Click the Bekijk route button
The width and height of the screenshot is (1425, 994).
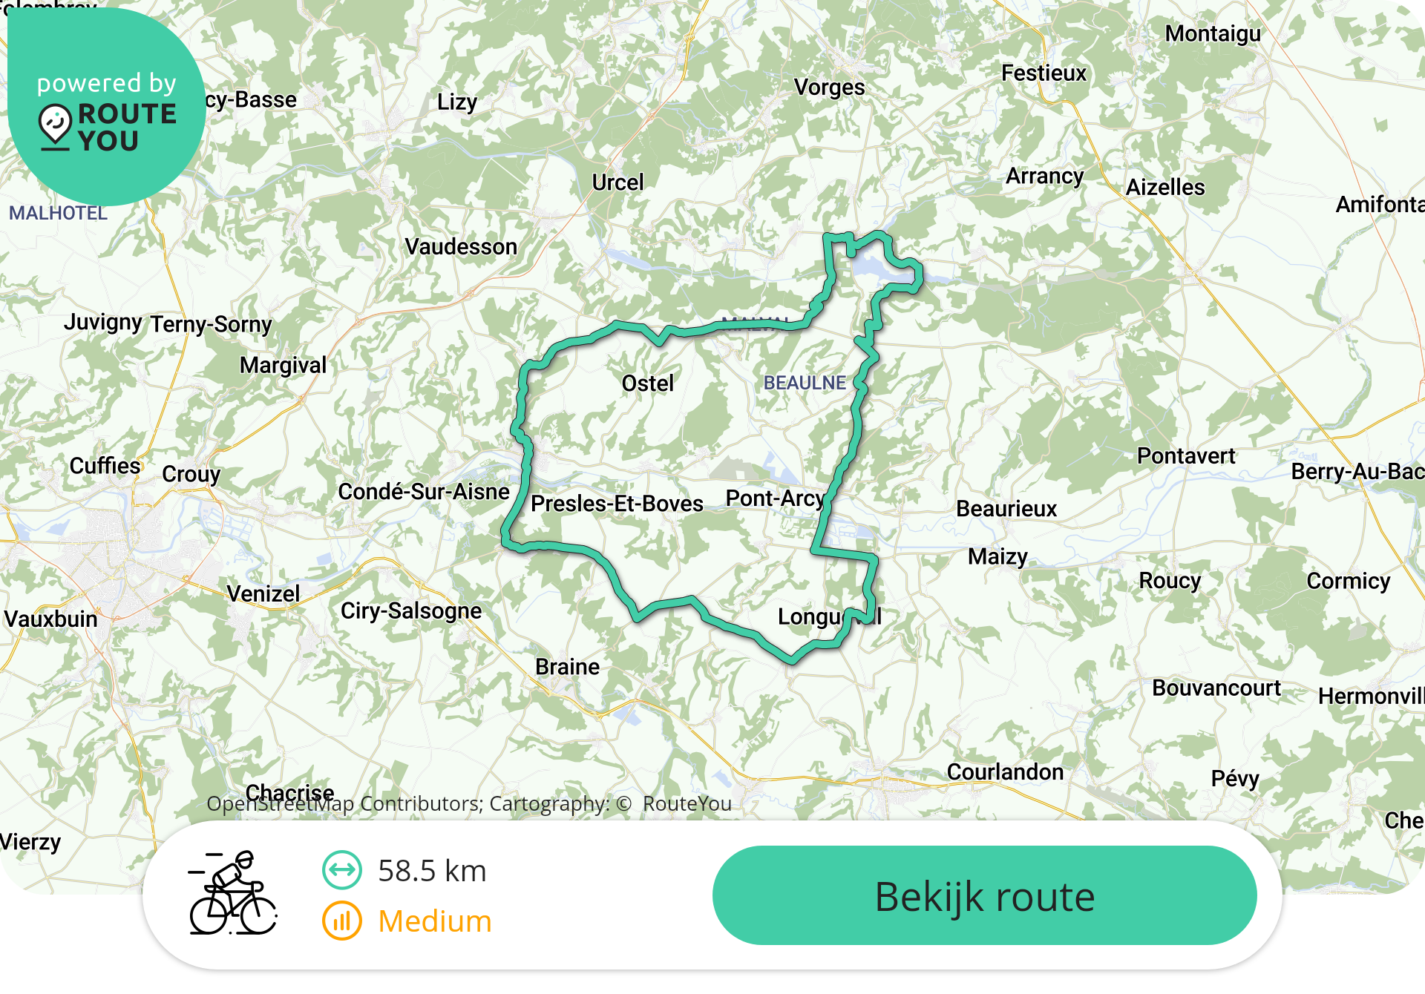tap(984, 896)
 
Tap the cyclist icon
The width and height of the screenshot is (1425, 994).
tap(232, 893)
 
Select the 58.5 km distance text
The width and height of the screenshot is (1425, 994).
tap(432, 871)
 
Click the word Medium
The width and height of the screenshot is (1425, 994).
tap(435, 921)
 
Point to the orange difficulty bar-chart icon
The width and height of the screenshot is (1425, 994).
tap(341, 921)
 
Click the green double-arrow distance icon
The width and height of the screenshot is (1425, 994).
tap(341, 870)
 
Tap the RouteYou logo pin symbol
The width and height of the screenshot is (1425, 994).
tap(55, 125)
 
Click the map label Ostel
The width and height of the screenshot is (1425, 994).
tap(648, 384)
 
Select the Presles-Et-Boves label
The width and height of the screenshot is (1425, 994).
tap(617, 504)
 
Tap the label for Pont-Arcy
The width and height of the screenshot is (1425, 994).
tap(775, 498)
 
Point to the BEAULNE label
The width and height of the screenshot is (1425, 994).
tap(805, 383)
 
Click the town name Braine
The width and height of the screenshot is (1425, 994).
tap(568, 667)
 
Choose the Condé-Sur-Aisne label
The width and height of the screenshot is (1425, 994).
tap(424, 492)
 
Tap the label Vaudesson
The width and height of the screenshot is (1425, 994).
tap(461, 246)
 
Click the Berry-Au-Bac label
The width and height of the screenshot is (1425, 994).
tap(1357, 472)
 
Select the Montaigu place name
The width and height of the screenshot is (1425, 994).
tap(1213, 34)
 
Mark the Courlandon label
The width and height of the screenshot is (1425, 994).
tap(1005, 772)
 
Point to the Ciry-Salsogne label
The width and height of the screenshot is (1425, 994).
tap(411, 611)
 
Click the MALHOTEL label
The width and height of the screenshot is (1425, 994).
tap(58, 214)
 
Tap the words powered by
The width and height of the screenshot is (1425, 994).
tap(107, 83)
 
